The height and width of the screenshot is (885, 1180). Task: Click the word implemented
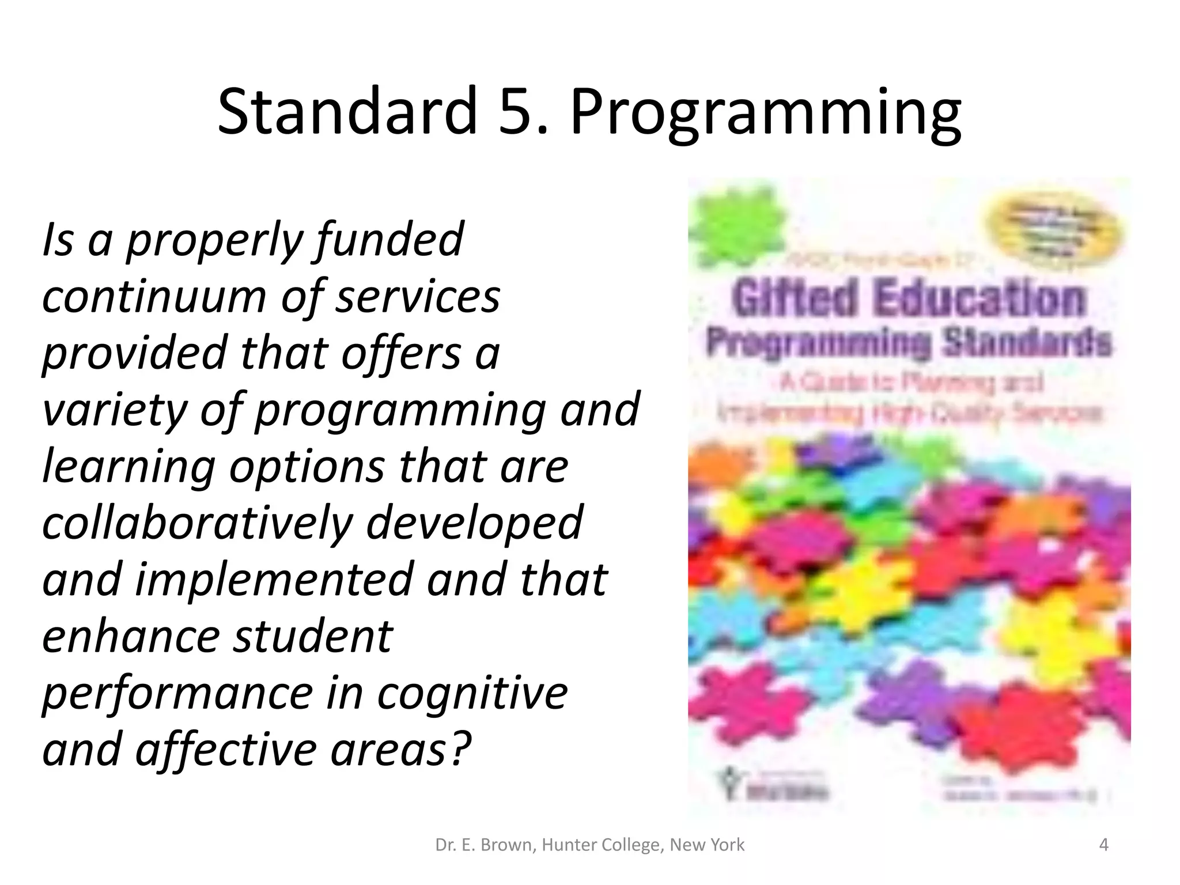click(273, 579)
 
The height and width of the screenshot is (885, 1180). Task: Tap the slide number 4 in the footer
click(1103, 845)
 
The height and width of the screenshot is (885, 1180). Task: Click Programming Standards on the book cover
click(907, 344)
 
